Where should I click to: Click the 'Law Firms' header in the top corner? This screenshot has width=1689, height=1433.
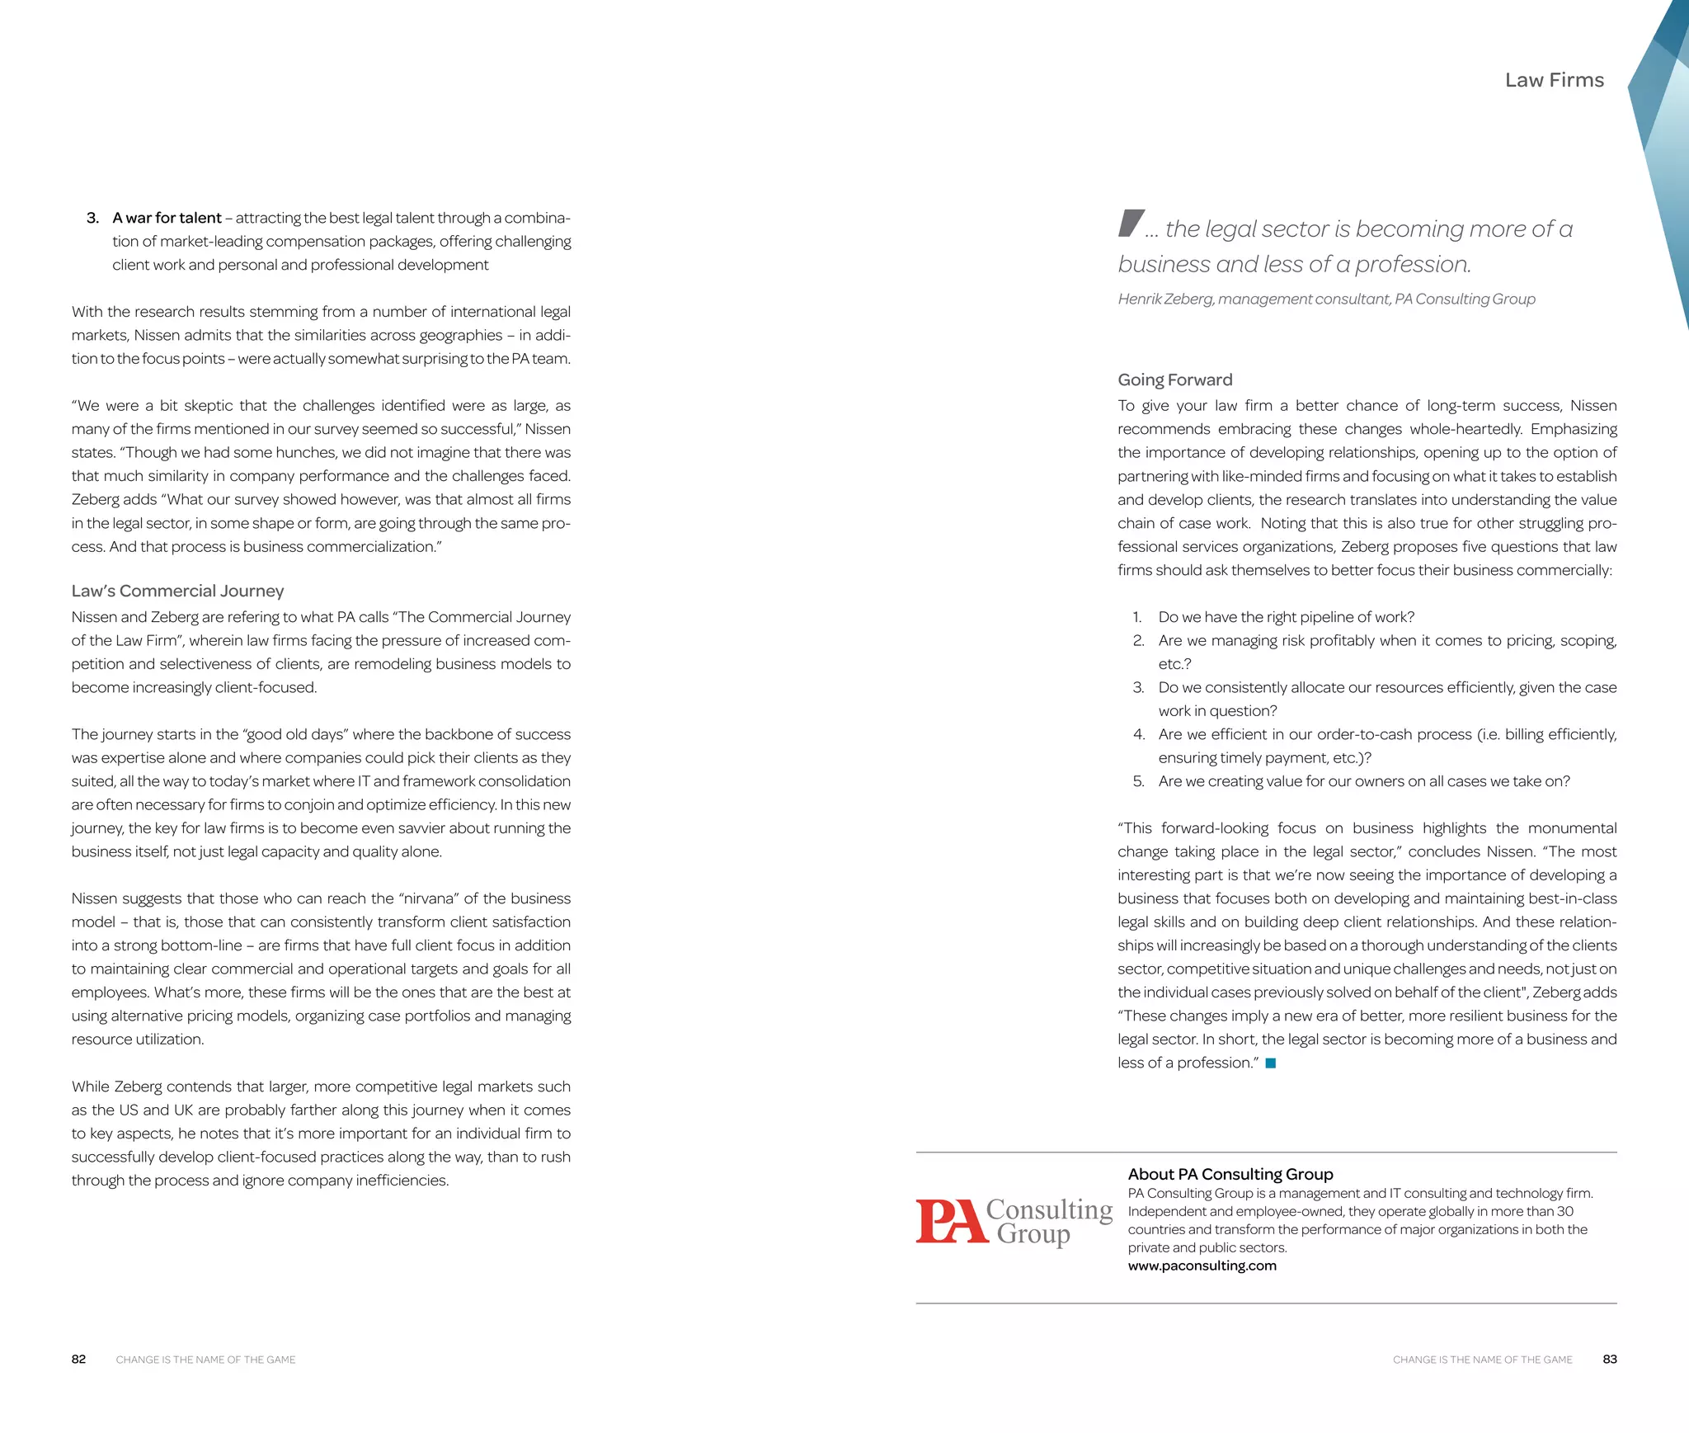(x=1554, y=80)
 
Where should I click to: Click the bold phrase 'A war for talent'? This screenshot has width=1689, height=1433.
(x=167, y=218)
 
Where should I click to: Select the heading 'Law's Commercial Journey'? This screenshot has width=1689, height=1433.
(x=177, y=591)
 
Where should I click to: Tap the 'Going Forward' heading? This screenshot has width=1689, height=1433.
(x=1174, y=379)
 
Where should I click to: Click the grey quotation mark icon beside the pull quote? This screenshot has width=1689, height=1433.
(x=1131, y=223)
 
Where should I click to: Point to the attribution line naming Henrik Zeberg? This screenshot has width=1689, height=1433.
(x=1325, y=299)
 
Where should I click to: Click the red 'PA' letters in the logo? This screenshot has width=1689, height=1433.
(x=950, y=1221)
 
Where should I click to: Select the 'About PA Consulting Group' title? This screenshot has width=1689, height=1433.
(x=1230, y=1174)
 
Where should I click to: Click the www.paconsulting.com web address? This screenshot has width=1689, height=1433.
(x=1202, y=1266)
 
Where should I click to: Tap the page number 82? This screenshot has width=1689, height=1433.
(x=78, y=1360)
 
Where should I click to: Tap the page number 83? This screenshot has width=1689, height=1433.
(x=1609, y=1360)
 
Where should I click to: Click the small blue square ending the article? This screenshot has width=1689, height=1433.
(x=1270, y=1063)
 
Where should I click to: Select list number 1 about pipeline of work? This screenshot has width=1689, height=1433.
(x=1137, y=617)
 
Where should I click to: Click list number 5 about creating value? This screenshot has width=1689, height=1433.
(x=1138, y=781)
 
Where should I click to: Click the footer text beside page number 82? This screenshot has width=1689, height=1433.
(x=205, y=1360)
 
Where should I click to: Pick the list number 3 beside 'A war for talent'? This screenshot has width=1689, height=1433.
(x=92, y=218)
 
